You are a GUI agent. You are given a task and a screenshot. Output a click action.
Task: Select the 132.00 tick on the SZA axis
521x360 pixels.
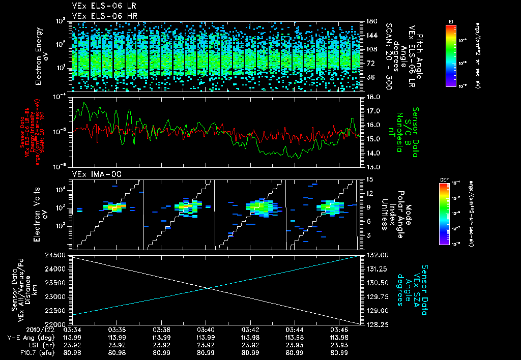pos(377,255)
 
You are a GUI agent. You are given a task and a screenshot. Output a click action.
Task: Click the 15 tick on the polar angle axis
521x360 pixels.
pos(370,179)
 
